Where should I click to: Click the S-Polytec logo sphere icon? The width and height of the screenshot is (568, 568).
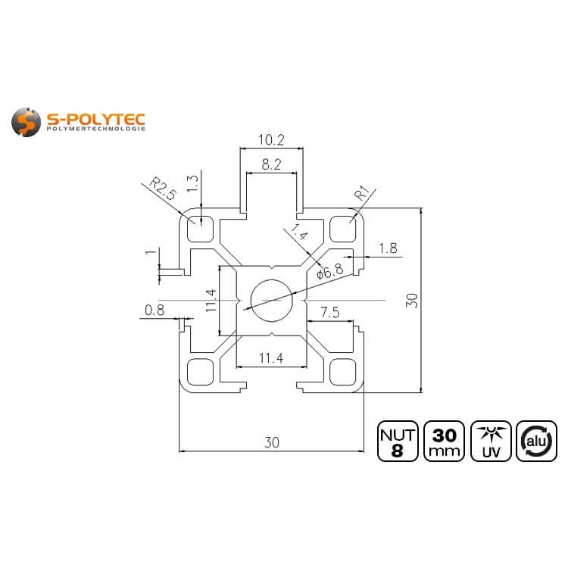(27, 122)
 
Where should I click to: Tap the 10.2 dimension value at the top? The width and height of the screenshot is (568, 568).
(271, 139)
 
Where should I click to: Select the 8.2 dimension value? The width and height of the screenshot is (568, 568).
(271, 163)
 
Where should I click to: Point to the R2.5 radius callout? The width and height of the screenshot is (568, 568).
(162, 188)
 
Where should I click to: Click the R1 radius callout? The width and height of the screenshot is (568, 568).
(361, 195)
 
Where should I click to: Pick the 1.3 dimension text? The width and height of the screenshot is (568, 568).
(192, 184)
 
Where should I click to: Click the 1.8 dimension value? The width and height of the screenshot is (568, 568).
(388, 248)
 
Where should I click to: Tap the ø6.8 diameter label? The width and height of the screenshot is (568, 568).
(330, 270)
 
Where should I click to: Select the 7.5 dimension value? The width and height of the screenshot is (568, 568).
(330, 312)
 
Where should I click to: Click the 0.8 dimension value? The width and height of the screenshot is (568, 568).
(154, 309)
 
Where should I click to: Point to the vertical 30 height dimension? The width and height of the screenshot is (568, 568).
(411, 301)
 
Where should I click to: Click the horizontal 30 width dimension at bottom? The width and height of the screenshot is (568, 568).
(271, 443)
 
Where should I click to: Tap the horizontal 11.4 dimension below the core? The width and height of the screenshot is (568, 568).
(271, 359)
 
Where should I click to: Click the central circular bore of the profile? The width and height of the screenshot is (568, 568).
(271, 301)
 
